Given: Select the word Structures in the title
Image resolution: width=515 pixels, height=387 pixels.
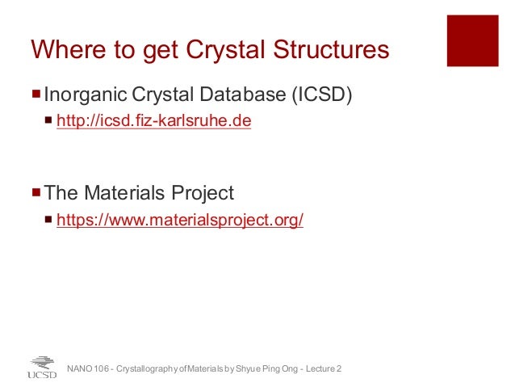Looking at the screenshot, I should tap(333, 50).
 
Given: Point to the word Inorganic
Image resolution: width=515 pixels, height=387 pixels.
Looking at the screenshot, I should tap(82, 95).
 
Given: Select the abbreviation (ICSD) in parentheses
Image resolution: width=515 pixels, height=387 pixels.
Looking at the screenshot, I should tap(321, 95).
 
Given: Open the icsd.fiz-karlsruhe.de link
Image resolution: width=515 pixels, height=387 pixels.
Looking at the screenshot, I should tap(153, 123).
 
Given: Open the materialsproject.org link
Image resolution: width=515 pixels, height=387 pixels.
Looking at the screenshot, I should tap(179, 220).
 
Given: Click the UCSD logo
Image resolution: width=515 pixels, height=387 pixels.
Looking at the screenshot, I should tap(42, 367).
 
